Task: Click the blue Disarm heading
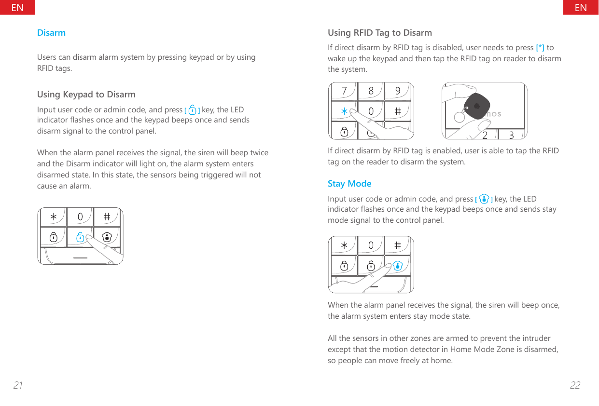pyautogui.click(x=51, y=33)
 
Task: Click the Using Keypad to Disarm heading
pyautogui.click(x=86, y=94)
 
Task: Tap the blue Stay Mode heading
pyautogui.click(x=349, y=184)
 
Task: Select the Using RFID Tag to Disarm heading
pyautogui.click(x=379, y=33)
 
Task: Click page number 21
pyautogui.click(x=18, y=385)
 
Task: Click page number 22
pyautogui.click(x=575, y=385)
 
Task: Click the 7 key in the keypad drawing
pyautogui.click(x=344, y=91)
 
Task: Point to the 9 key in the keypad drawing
pyautogui.click(x=398, y=91)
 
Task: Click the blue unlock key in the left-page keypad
pyautogui.click(x=80, y=237)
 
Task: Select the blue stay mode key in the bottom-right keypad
pyautogui.click(x=398, y=266)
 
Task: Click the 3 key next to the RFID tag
pyautogui.click(x=511, y=135)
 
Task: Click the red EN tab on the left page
pyautogui.click(x=17, y=7)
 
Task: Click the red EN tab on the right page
pyautogui.click(x=581, y=7)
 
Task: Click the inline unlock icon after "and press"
pyautogui.click(x=193, y=109)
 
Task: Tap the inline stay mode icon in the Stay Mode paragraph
pyautogui.click(x=484, y=199)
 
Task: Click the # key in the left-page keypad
pyautogui.click(x=107, y=217)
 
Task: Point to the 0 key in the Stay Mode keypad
pyautogui.click(x=371, y=245)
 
